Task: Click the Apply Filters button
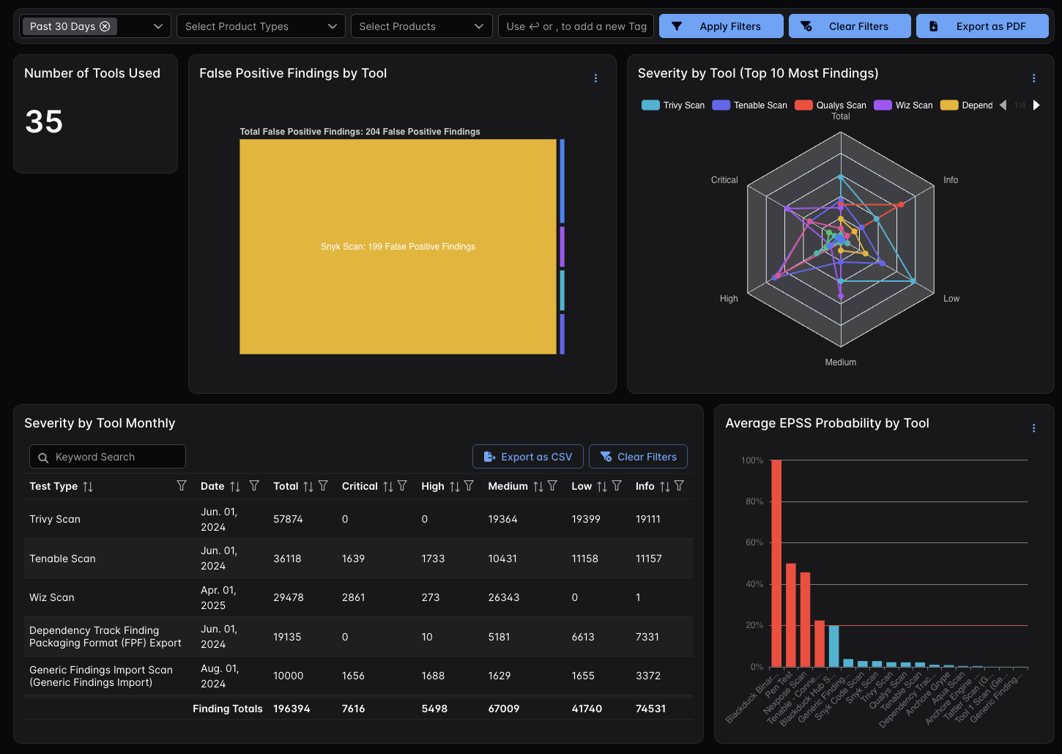(x=721, y=26)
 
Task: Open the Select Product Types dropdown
(x=261, y=26)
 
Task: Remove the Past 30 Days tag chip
(x=105, y=26)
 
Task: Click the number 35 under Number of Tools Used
(x=44, y=122)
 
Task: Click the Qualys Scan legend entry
(x=831, y=105)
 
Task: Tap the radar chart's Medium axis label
(x=840, y=362)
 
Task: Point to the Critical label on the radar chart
(x=724, y=180)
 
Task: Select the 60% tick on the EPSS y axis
(x=751, y=542)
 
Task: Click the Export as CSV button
(x=528, y=457)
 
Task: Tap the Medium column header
(x=508, y=486)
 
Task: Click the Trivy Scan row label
(x=55, y=519)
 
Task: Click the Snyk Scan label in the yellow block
(x=398, y=247)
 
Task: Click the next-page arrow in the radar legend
(x=1036, y=105)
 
